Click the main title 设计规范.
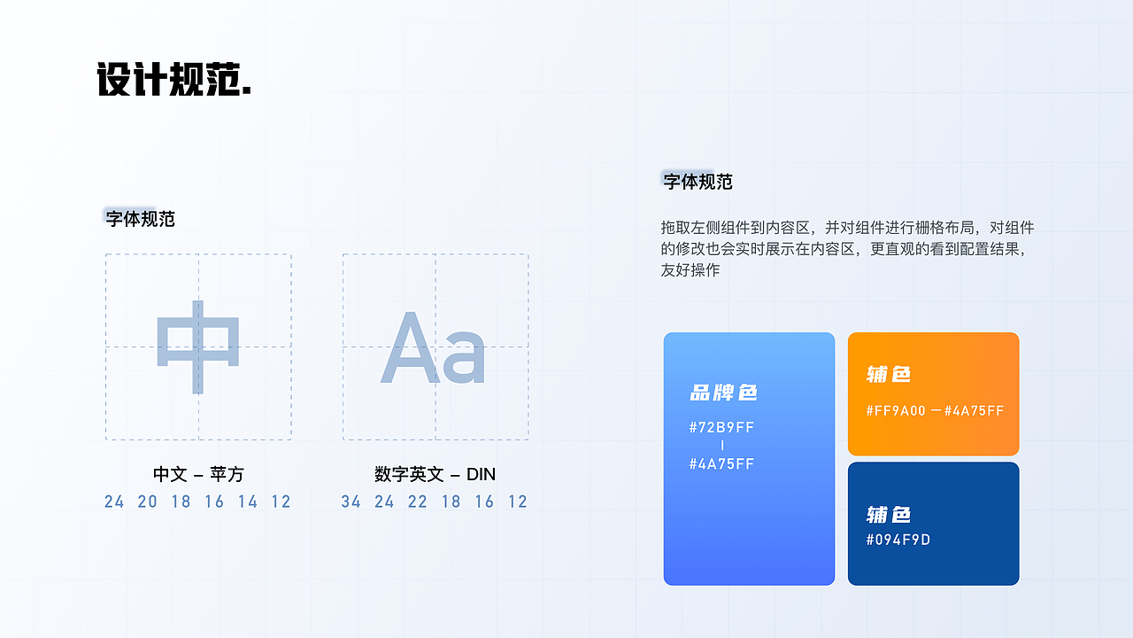(173, 80)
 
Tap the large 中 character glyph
(198, 346)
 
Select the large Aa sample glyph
(434, 348)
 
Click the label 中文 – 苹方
(198, 474)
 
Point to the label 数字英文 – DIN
(435, 474)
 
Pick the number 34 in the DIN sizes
(351, 502)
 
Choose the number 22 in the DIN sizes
(418, 502)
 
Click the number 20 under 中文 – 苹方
(147, 502)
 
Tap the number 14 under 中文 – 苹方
(248, 502)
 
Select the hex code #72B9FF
(721, 427)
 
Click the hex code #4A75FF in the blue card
(721, 463)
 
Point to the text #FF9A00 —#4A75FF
(935, 410)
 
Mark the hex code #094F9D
(898, 540)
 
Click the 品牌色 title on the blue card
(723, 393)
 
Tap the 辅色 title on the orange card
(889, 374)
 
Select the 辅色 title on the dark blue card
(889, 515)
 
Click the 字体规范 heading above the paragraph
(698, 182)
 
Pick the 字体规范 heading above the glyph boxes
(141, 219)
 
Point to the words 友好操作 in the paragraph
(690, 270)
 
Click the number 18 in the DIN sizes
(451, 502)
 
